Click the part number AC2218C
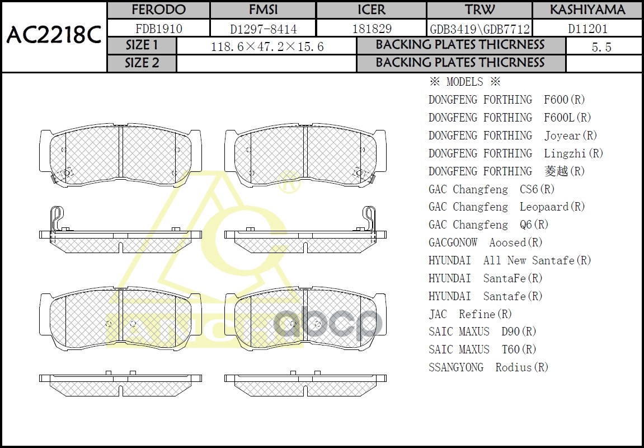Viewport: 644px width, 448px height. click(x=54, y=36)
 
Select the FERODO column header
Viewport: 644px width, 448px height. click(x=158, y=10)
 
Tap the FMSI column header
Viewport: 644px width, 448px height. click(x=263, y=10)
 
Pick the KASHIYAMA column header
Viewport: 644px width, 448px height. click(x=587, y=10)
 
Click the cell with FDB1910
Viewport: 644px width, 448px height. click(x=158, y=29)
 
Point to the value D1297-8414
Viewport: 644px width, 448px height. click(x=263, y=29)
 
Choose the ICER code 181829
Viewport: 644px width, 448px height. click(x=372, y=29)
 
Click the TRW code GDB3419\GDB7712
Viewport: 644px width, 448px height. click(x=480, y=29)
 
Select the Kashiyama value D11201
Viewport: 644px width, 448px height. click(x=587, y=29)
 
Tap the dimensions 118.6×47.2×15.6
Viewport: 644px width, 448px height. click(x=267, y=47)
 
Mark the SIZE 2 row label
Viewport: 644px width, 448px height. click(x=142, y=63)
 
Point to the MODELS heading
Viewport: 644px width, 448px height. click(x=464, y=82)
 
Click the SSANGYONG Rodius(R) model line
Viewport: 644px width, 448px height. click(x=488, y=368)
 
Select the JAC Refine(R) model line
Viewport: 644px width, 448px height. click(x=470, y=314)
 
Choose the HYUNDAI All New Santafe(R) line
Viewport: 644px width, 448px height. click(x=510, y=260)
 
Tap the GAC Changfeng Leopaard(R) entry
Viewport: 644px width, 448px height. click(x=507, y=207)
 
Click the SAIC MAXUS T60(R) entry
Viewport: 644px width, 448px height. click(x=482, y=350)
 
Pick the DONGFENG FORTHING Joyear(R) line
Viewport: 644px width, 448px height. click(x=513, y=136)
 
